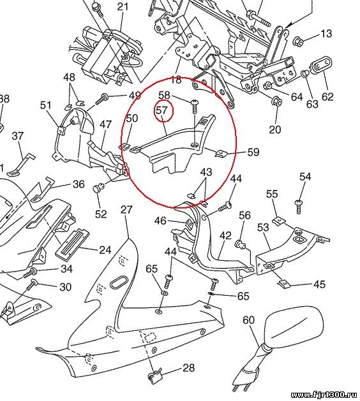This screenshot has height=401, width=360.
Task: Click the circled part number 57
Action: (x=161, y=110)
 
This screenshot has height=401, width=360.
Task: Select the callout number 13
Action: (x=326, y=34)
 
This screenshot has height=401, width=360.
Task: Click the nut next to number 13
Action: (x=298, y=41)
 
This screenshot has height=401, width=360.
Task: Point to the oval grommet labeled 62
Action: (x=321, y=66)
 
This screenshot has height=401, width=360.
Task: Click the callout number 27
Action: (x=126, y=210)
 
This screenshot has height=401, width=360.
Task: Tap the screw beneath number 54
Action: (x=298, y=207)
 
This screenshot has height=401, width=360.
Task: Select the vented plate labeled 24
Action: (x=72, y=245)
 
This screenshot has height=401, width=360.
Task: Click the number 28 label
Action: (x=189, y=368)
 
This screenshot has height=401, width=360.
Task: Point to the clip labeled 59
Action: (x=221, y=154)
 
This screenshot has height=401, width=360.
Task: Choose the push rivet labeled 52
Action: (x=98, y=188)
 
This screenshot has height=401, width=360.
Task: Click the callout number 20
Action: (x=275, y=129)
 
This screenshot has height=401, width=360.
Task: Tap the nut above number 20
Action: (x=276, y=101)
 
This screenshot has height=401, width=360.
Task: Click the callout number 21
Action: (x=123, y=6)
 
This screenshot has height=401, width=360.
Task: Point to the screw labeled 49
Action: (x=101, y=99)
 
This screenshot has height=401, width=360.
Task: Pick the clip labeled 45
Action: (x=283, y=283)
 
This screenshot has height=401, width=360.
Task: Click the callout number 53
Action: (x=263, y=228)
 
